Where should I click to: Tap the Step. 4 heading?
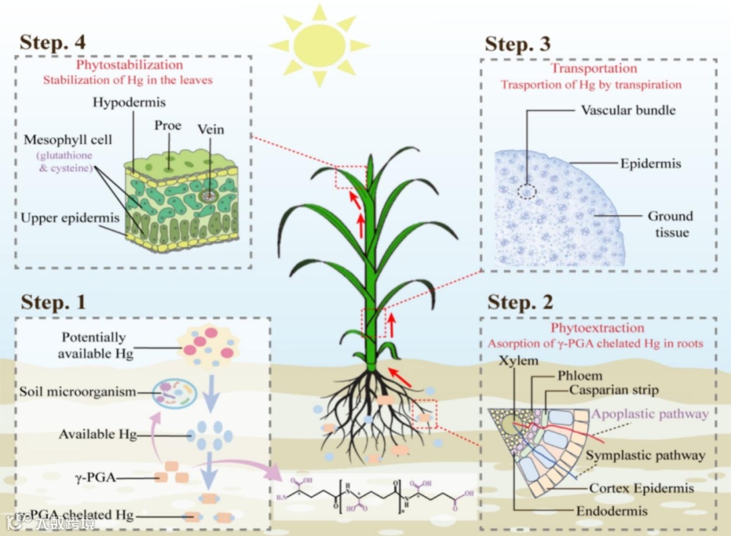pos(53,41)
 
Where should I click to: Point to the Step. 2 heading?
pos(520,303)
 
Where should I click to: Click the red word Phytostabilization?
pos(129,66)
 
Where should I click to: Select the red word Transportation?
pos(594,68)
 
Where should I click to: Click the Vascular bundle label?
pos(628,110)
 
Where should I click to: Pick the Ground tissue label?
pos(670,224)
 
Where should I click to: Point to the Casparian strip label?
pos(613,390)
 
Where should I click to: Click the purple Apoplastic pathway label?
pos(650,414)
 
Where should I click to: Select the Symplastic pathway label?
pos(645,455)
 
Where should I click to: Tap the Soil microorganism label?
pos(78,392)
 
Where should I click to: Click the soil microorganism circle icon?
pos(174,393)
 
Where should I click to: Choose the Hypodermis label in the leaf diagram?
pos(129,103)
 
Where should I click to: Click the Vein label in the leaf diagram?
pos(210,129)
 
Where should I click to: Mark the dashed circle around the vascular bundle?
pos(527,191)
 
